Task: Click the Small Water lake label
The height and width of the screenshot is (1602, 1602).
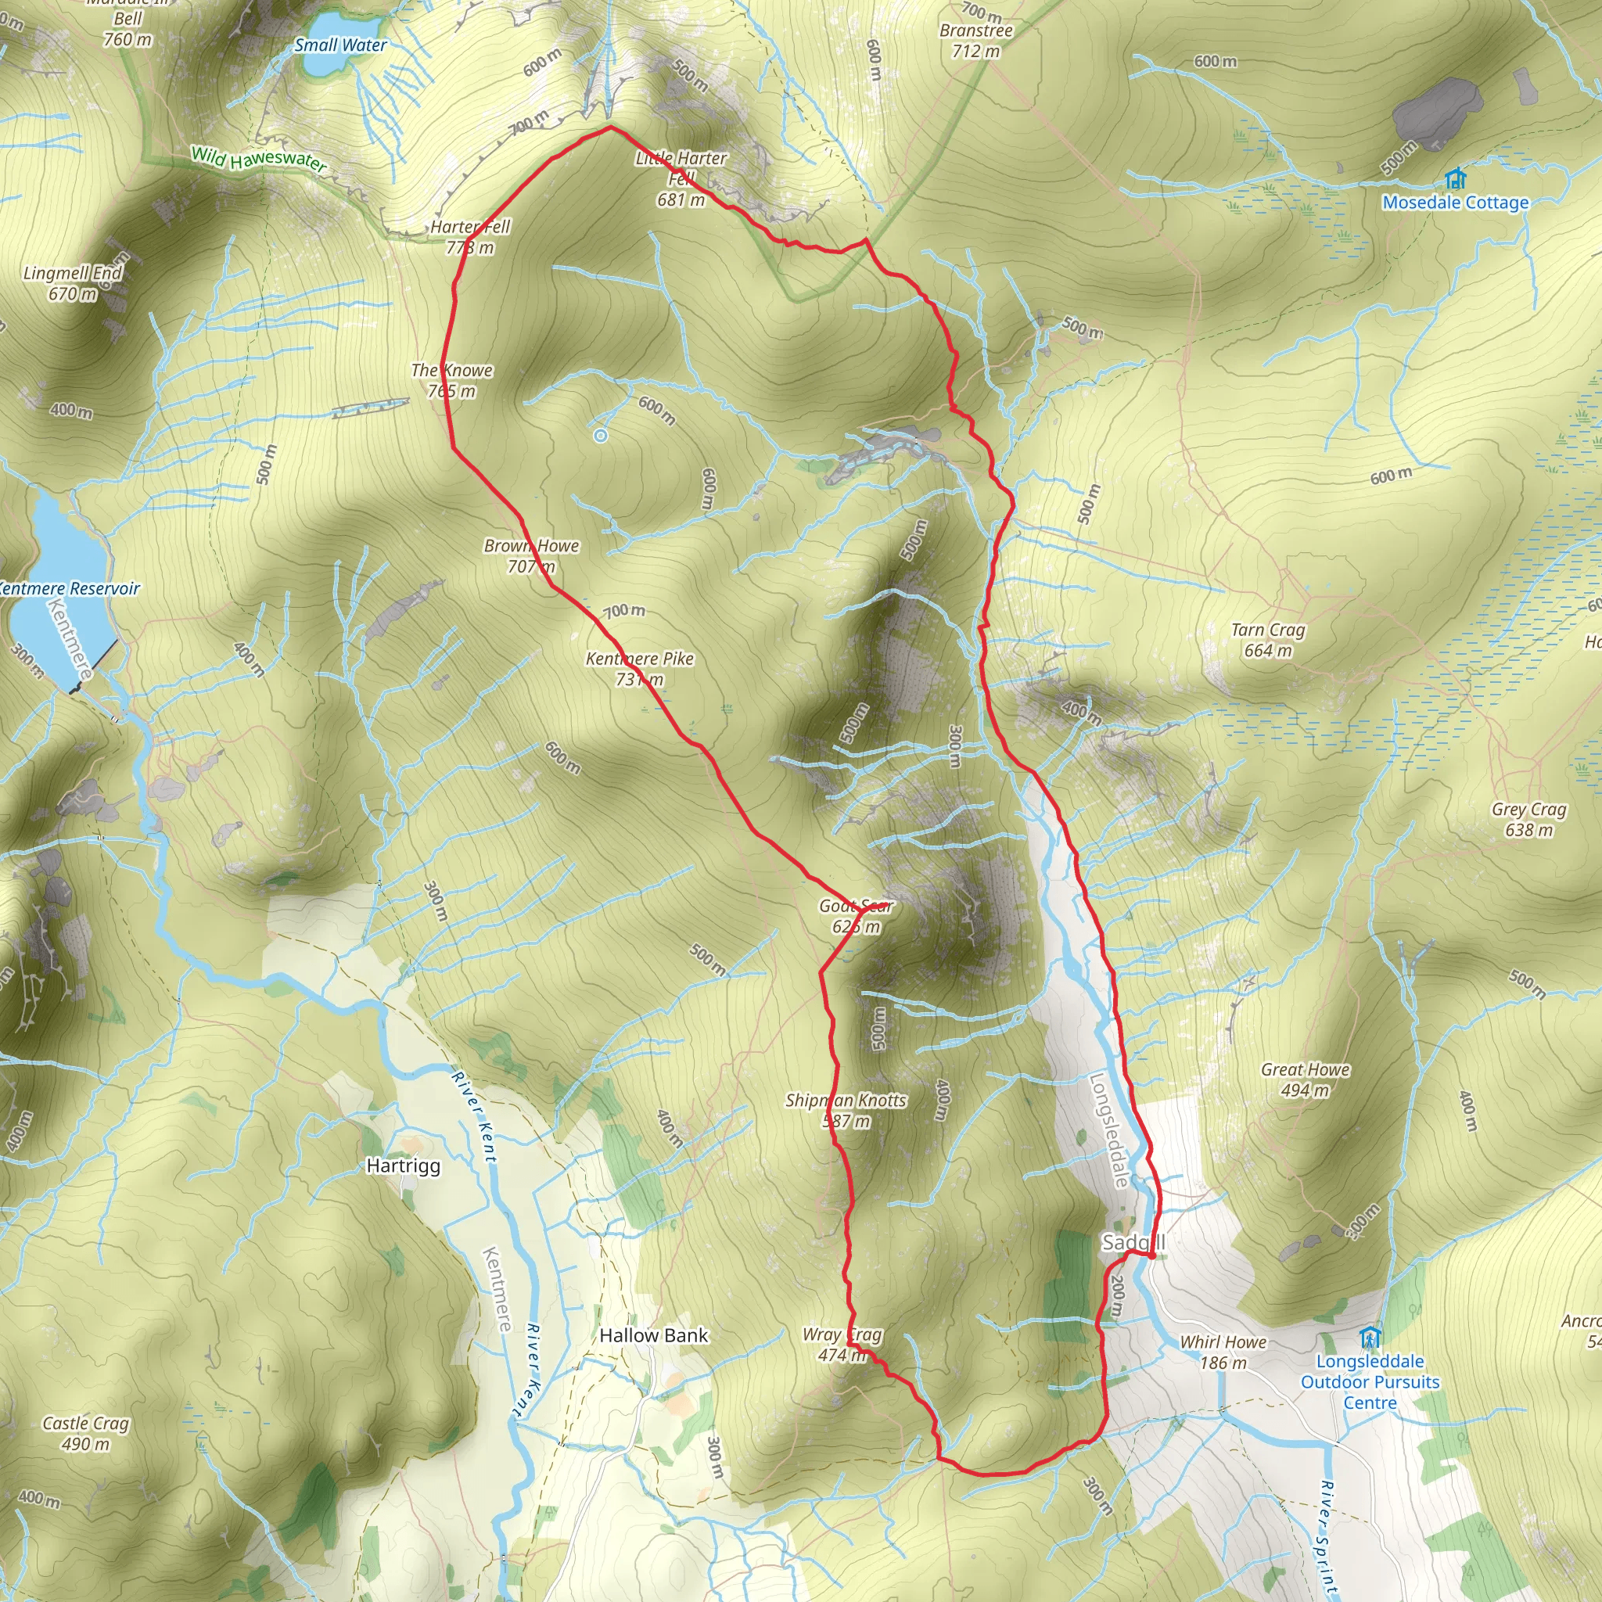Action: (340, 45)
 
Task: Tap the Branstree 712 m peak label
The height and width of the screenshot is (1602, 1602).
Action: (976, 41)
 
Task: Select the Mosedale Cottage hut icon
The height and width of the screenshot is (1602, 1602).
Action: (1455, 178)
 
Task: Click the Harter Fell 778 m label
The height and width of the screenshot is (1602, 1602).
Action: (470, 237)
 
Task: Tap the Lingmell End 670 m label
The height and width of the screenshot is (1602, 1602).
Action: (73, 282)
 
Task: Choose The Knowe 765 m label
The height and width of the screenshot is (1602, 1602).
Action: (452, 381)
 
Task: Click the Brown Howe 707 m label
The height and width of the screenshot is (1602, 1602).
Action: (531, 555)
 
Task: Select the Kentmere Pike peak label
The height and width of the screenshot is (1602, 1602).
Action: (639, 668)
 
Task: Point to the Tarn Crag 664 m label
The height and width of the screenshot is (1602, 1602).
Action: (1268, 640)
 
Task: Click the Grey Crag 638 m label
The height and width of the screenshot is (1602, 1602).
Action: (1529, 819)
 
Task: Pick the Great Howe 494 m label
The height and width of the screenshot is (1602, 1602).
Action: (1306, 1079)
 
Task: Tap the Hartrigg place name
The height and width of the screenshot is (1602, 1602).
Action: (404, 1166)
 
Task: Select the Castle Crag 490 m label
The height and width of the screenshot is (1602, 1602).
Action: (86, 1433)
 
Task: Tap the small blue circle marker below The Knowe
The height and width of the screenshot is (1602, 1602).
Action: (600, 436)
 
